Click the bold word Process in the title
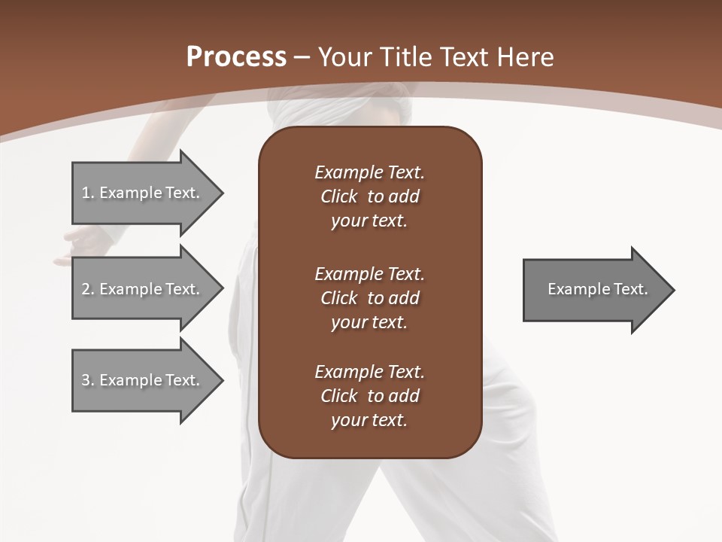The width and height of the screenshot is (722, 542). [236, 57]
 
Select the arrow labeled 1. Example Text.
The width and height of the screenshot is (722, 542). [143, 193]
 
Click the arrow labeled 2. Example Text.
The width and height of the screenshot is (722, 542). [143, 289]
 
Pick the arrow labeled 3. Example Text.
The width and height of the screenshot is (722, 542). [143, 380]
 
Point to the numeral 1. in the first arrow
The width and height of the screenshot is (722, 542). [87, 193]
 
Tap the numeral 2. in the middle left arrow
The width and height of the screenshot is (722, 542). [87, 289]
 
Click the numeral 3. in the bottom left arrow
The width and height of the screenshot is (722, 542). [87, 380]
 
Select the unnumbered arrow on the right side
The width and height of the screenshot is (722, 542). [594, 290]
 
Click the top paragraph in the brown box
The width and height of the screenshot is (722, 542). [369, 196]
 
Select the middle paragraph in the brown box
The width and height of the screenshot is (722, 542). [369, 298]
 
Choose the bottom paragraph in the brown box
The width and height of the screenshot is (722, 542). [369, 396]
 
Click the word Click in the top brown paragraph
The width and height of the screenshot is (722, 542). [339, 196]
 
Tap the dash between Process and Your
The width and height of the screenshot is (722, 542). [302, 58]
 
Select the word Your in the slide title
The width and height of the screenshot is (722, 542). [345, 57]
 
